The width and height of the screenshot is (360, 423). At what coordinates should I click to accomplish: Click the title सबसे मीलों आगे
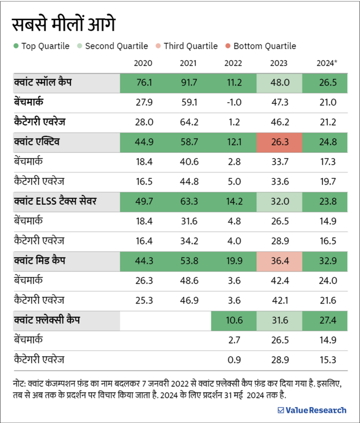(64, 25)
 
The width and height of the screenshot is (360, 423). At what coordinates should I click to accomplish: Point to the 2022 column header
(233, 63)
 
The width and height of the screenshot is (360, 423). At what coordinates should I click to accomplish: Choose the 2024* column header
(327, 63)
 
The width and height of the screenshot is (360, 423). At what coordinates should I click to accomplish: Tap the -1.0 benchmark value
(233, 102)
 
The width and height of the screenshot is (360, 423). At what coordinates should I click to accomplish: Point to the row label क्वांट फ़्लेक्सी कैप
(47, 320)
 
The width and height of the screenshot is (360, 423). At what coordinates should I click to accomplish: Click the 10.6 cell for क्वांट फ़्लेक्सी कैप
(233, 320)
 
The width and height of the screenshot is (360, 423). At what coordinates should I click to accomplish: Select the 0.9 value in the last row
(233, 360)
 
